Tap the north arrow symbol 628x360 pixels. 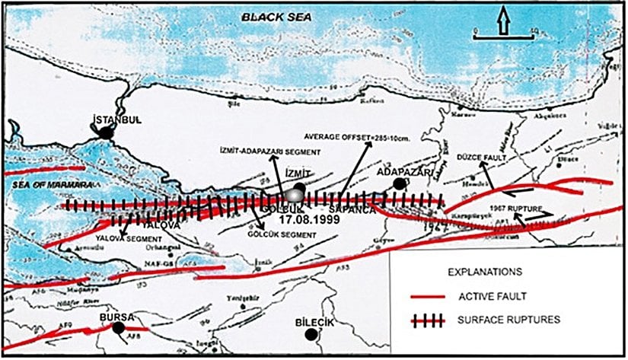(502, 22)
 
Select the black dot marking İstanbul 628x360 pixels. (110, 132)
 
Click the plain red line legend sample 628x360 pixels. (430, 297)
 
